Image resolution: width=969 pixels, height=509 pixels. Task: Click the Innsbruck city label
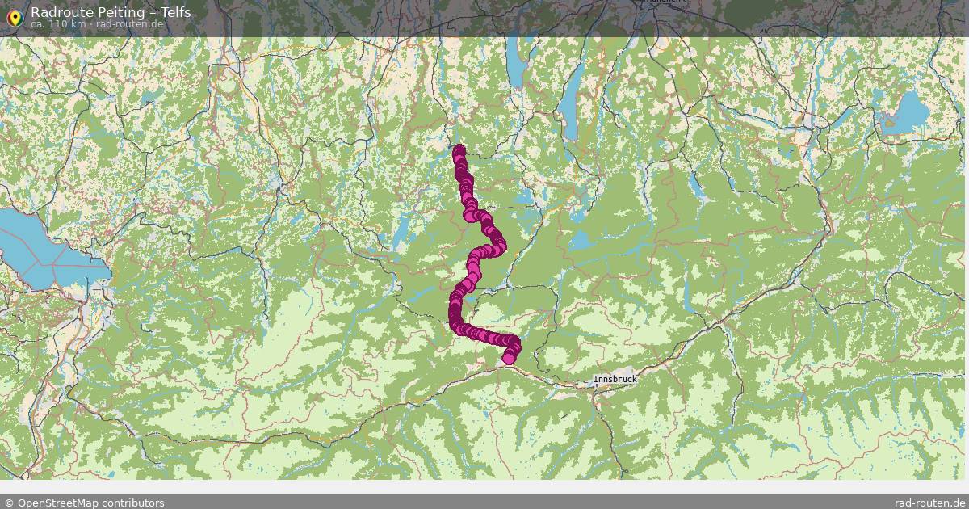coord(615,379)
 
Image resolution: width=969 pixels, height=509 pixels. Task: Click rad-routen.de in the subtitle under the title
coord(130,24)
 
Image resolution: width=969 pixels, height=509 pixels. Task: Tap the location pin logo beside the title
coord(14,17)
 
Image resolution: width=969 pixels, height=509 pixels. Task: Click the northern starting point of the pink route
coord(459,150)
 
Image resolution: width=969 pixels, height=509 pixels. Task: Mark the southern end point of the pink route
coord(509,359)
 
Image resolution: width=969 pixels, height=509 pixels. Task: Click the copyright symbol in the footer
coord(9,503)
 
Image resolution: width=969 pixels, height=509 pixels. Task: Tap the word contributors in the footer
coord(132,503)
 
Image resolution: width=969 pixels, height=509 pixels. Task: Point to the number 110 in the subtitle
coord(58,24)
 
